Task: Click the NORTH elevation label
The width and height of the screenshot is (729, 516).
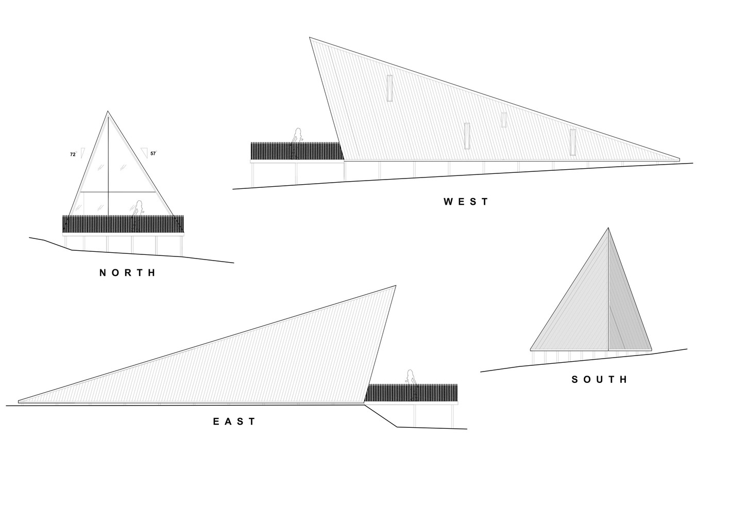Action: click(128, 273)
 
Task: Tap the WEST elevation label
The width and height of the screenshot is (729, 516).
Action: click(466, 202)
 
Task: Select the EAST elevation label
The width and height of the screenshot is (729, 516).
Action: click(234, 422)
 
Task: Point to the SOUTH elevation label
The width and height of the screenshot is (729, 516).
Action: click(600, 380)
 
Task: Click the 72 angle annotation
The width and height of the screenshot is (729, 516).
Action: click(73, 154)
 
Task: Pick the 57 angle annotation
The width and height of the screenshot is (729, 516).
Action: click(153, 153)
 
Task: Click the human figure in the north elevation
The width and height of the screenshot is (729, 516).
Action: click(137, 208)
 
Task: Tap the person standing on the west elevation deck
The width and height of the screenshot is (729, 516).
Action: click(297, 135)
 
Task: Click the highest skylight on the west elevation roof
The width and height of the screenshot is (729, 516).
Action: click(389, 89)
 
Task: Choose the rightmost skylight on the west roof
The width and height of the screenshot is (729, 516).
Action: click(572, 142)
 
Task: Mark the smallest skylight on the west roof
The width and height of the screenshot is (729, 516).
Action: click(504, 120)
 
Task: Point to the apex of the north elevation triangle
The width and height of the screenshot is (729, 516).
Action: click(108, 111)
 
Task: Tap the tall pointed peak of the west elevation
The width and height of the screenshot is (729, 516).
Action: click(310, 38)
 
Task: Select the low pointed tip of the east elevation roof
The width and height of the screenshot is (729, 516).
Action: click(20, 401)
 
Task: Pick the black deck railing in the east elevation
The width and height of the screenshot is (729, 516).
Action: click(411, 393)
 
